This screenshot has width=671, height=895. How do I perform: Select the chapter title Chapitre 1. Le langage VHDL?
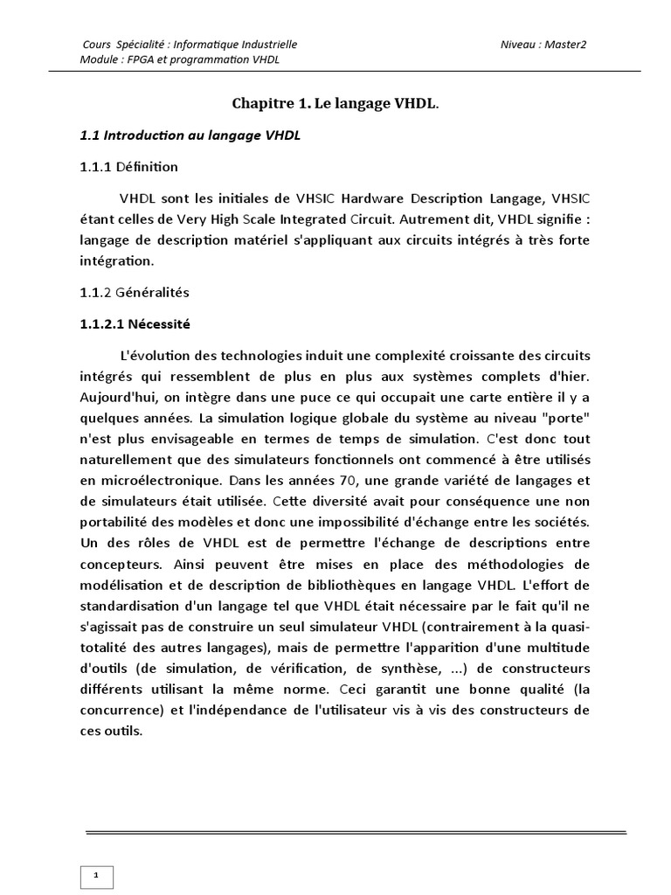335,104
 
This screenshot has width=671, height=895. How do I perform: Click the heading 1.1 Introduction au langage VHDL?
190,135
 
